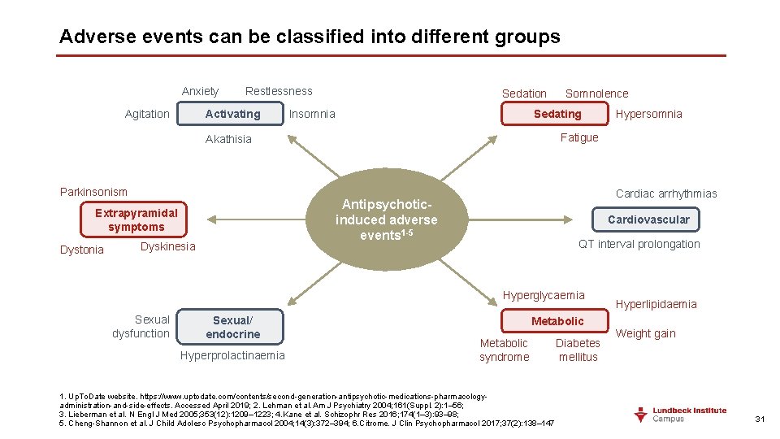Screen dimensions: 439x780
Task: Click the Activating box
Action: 232,114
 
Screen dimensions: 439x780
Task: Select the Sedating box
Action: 557,114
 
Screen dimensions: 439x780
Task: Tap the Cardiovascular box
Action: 648,219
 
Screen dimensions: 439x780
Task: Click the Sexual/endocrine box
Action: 232,327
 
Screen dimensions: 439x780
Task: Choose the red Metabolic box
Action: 557,321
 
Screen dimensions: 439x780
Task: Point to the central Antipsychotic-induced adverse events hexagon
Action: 387,219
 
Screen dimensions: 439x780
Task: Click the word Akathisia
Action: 228,139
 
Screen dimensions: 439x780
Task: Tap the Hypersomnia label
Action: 648,114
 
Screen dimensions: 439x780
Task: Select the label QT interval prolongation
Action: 639,244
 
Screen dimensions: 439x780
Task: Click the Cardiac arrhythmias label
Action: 666,193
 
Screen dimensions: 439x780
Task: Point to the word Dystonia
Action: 82,250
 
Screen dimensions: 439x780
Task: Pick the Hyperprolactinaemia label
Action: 232,355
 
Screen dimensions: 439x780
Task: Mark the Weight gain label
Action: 646,333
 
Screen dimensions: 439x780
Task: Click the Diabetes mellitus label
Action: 578,350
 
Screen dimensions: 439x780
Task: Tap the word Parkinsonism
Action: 93,192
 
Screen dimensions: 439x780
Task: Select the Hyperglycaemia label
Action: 544,295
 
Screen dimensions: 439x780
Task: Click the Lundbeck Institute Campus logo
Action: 680,415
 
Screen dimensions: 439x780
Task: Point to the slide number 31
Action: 760,419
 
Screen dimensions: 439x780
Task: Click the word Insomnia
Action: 312,114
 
